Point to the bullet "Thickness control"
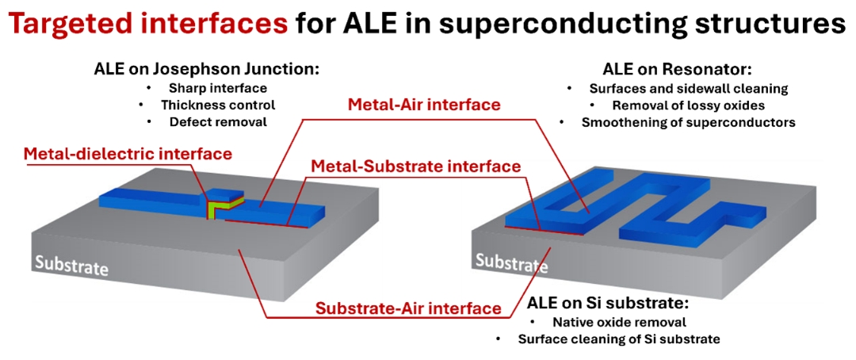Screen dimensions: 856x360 [218, 105]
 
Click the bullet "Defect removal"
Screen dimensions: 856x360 [219, 122]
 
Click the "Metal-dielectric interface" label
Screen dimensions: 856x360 [128, 154]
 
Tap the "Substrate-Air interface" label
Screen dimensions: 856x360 [408, 308]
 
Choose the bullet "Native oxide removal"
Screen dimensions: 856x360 [619, 322]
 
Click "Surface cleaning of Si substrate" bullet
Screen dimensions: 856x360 [619, 339]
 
